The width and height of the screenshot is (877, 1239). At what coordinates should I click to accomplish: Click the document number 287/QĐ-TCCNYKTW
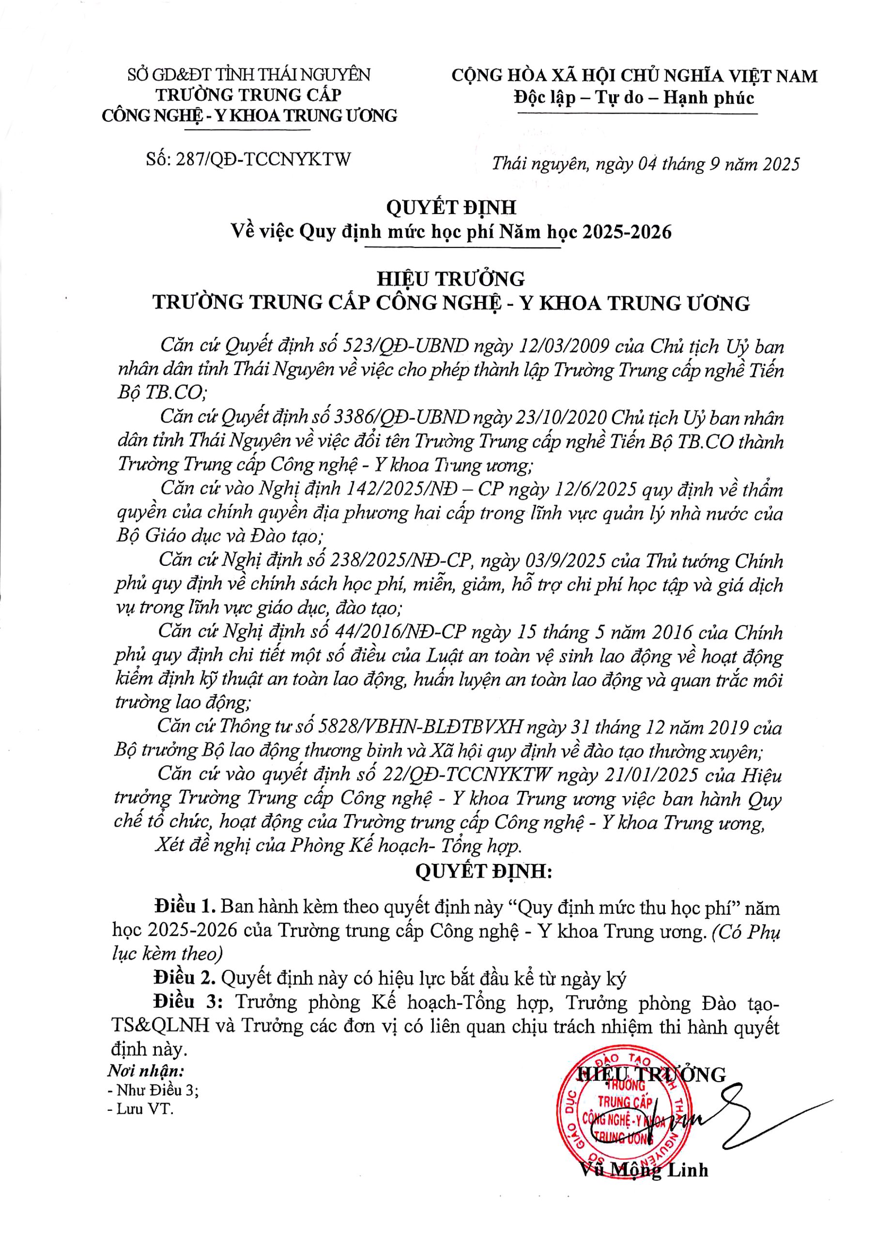click(x=263, y=159)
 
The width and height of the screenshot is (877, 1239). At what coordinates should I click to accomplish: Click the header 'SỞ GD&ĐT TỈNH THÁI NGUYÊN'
click(x=249, y=75)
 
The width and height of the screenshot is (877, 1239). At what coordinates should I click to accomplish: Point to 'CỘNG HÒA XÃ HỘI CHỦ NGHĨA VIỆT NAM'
click(x=634, y=76)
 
